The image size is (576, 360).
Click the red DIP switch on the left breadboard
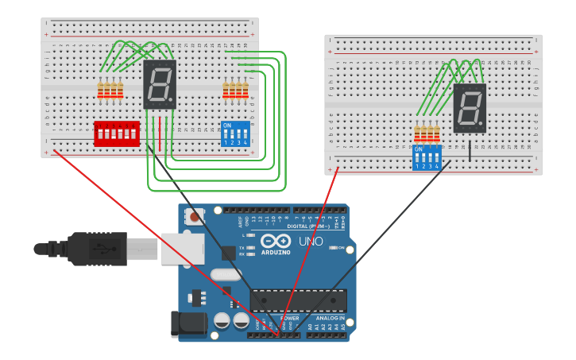117,134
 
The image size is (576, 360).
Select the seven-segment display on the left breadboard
159,84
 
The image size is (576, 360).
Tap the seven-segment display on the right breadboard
470,108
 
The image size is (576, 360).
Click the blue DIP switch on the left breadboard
236,134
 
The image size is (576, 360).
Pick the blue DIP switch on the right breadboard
427,157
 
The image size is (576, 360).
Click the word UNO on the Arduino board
311,242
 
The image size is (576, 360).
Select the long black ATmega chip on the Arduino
298,300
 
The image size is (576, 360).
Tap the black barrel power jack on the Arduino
188,323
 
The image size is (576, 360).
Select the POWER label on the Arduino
289,318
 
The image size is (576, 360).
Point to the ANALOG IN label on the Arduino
331,318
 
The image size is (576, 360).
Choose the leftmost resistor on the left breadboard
100,91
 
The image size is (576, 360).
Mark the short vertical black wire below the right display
469,149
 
